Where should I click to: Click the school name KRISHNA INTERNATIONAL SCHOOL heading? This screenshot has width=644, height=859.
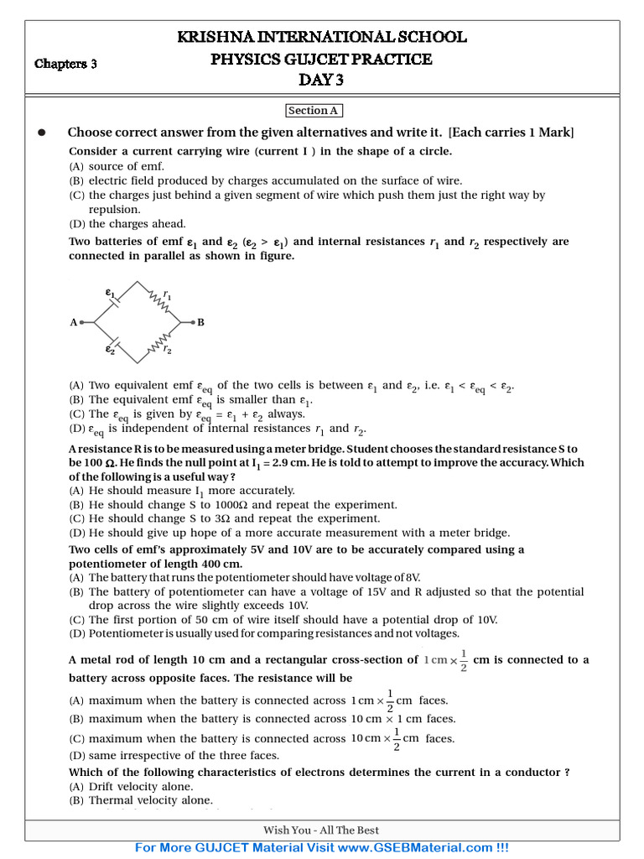[321, 37]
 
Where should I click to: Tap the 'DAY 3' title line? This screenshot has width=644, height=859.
[321, 81]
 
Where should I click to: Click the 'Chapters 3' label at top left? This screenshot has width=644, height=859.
[65, 64]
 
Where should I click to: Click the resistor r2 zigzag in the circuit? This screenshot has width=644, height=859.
[159, 342]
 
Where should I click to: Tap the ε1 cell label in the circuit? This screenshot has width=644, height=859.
[109, 293]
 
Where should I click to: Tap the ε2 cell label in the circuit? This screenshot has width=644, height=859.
[110, 350]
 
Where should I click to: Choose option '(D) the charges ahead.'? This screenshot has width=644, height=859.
[127, 224]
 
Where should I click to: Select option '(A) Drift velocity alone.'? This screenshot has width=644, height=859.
[131, 786]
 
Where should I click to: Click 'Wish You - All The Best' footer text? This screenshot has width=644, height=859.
[321, 830]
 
